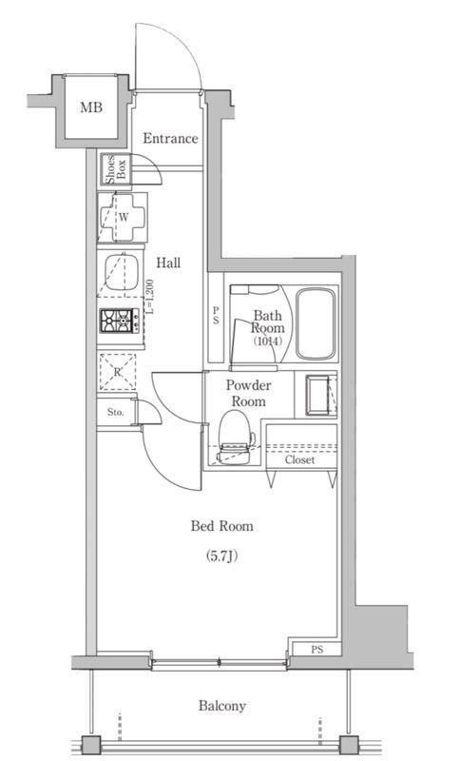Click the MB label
click(x=91, y=107)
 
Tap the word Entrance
click(x=170, y=138)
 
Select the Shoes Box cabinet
click(x=116, y=169)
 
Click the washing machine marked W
click(x=123, y=217)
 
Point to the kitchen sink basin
click(x=122, y=273)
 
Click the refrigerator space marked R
click(x=117, y=372)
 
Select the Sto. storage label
click(x=116, y=413)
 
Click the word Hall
click(x=168, y=263)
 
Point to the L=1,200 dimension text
click(x=149, y=297)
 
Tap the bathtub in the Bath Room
click(x=316, y=324)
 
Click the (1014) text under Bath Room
click(x=267, y=341)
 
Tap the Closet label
click(x=299, y=459)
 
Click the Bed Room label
click(x=221, y=526)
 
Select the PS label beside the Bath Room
click(x=216, y=317)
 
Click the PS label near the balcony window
click(x=317, y=650)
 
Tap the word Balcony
click(x=222, y=706)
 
